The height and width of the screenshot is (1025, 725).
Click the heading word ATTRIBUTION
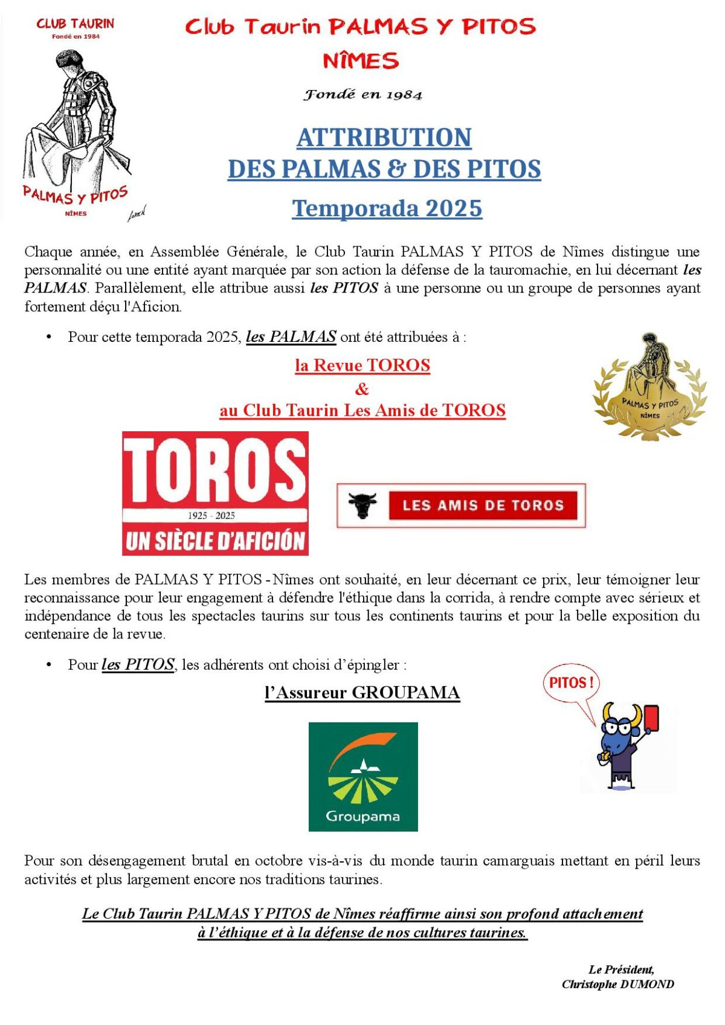pos(384,138)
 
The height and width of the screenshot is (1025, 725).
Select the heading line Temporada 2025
pos(387,208)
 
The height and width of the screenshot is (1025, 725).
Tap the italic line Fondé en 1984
pos(362,95)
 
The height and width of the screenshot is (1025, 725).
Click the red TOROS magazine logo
pos(215,493)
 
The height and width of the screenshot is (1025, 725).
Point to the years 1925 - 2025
pos(211,515)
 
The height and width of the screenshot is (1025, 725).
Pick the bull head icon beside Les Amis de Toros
pos(362,506)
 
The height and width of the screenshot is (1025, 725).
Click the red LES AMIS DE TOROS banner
pos(483,506)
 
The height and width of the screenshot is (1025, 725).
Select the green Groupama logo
pos(362,776)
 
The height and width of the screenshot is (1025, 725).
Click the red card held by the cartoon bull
pos(652,718)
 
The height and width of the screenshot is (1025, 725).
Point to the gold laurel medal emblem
pos(649,387)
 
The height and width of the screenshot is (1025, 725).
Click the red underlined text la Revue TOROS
pos(362,365)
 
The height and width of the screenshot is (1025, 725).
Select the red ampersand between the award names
pos(362,388)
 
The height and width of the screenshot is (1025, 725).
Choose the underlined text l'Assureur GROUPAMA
pos(362,692)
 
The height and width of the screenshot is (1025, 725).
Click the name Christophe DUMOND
pos(617,984)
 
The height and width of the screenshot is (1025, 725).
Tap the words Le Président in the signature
pos(621,969)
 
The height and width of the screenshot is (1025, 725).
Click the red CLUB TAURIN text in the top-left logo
pos(75,24)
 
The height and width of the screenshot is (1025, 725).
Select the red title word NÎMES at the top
pos(361,61)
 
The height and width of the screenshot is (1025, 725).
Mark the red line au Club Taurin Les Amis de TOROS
pos(362,411)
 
